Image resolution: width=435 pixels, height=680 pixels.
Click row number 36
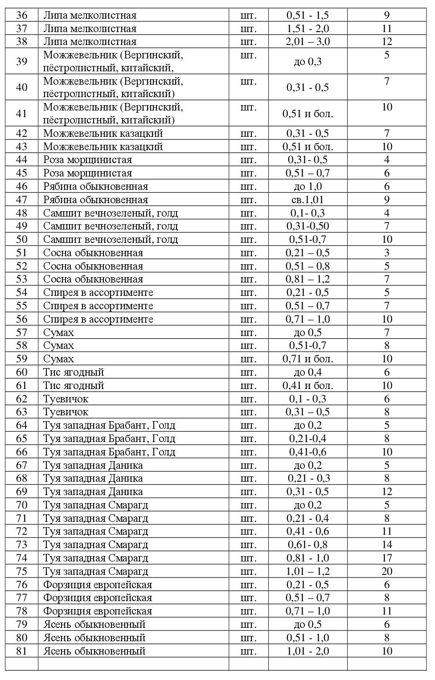21,16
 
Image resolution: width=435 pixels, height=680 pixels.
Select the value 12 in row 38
386,42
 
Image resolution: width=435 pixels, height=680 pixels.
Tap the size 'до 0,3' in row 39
308,61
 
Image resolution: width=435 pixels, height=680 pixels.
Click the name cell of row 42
103,134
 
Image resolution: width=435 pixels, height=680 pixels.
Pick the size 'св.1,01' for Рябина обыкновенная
308,200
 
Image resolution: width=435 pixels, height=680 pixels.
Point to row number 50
21,240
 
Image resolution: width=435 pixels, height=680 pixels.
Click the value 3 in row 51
386,253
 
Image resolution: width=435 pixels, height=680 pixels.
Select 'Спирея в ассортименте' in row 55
98,306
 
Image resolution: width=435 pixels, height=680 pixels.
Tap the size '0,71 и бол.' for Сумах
308,359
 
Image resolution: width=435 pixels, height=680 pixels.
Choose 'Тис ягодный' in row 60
74,373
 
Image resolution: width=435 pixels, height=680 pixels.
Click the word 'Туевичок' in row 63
66,412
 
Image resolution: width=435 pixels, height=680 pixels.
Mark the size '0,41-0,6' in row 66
308,452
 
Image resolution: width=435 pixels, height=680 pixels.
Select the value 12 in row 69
386,492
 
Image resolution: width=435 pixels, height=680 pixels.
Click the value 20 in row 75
386,571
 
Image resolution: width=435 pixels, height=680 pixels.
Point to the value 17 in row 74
386,558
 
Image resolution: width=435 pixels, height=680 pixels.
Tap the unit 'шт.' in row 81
248,651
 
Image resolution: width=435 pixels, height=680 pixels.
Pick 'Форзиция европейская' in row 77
98,598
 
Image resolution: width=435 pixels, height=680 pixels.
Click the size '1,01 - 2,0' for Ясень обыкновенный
308,651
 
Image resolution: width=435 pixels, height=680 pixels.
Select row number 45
21,173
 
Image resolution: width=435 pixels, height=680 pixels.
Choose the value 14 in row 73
386,545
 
